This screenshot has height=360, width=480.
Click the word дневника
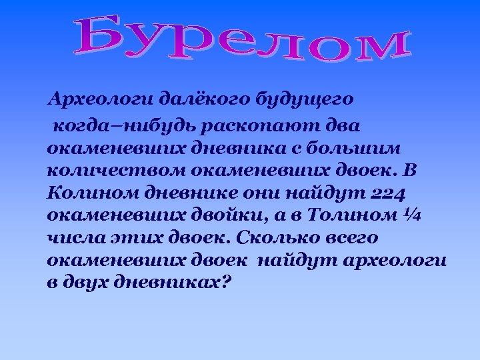click(237, 147)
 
